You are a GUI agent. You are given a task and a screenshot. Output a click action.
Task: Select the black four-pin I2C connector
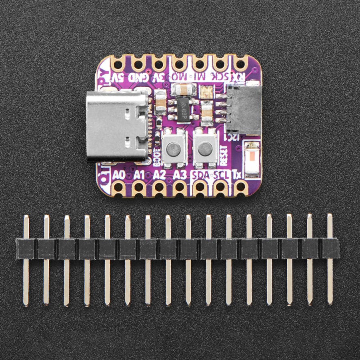242,108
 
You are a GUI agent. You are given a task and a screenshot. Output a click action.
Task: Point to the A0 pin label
119,175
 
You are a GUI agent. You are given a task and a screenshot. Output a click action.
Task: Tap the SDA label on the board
201,175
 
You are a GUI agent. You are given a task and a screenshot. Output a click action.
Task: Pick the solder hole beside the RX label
241,63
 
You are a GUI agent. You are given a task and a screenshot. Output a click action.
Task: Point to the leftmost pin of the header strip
26,260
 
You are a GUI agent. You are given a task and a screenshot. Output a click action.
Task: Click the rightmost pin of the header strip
330,260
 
